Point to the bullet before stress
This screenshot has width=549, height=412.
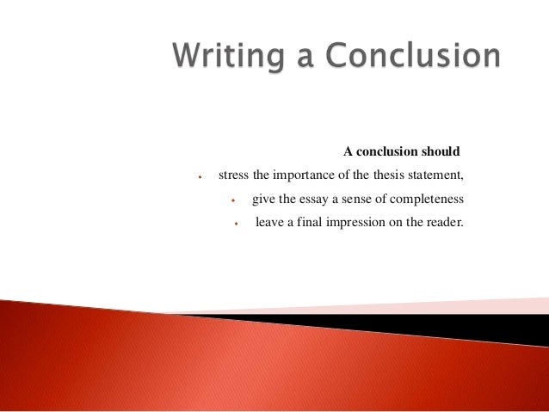coord(199,179)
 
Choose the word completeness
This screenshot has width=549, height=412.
coord(428,200)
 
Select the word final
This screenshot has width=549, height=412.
coord(312,224)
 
